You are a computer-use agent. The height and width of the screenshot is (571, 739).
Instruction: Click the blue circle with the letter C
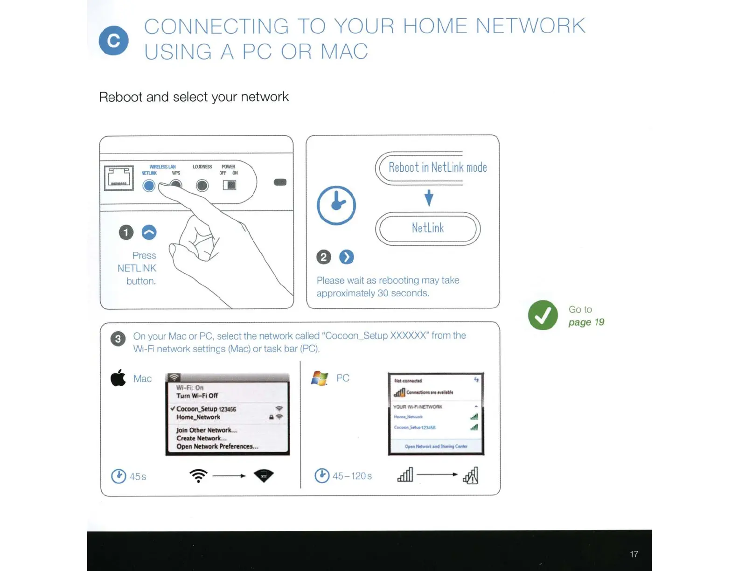(113, 41)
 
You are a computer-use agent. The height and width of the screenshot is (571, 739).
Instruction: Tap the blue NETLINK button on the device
(149, 186)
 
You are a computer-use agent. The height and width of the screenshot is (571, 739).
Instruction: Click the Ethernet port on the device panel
(119, 178)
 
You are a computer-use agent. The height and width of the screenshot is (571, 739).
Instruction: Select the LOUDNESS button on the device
(202, 186)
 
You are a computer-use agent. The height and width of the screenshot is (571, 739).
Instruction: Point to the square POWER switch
(230, 185)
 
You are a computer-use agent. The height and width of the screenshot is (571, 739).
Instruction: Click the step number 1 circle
(126, 232)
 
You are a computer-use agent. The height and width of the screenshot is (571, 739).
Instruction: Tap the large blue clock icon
(336, 205)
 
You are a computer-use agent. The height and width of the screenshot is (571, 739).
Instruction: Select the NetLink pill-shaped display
(427, 228)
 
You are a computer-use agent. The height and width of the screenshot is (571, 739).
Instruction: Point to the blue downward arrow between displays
(429, 197)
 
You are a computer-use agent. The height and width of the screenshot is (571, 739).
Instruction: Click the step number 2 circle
(323, 257)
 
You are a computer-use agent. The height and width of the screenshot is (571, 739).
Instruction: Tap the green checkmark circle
(543, 315)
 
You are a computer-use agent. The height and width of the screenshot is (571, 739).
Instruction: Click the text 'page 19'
(586, 322)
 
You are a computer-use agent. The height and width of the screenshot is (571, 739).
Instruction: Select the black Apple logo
(118, 377)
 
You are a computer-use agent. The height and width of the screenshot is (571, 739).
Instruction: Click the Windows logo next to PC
(320, 378)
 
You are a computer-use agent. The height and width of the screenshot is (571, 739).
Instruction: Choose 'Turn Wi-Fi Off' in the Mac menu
(197, 396)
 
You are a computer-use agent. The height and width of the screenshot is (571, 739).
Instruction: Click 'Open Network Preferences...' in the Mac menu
(217, 446)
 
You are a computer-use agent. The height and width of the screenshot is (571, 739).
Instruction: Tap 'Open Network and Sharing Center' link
(436, 446)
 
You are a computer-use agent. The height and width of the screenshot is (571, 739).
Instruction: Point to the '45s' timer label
(138, 476)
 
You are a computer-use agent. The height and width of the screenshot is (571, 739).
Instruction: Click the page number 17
(634, 554)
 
